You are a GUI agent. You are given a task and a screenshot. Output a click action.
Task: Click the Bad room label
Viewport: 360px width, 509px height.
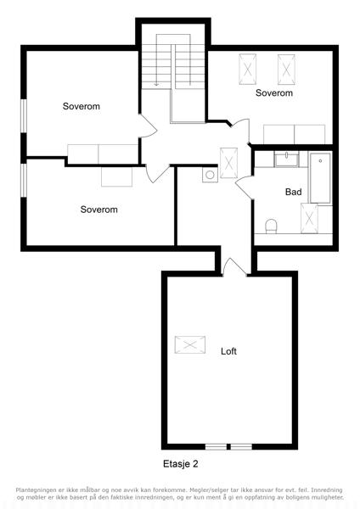293,192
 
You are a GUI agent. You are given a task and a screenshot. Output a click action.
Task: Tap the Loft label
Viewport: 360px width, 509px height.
228,351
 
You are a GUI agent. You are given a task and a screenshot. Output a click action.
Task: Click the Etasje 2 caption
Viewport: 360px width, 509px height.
180,464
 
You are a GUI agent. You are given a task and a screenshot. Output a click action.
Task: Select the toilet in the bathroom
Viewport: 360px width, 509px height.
271,227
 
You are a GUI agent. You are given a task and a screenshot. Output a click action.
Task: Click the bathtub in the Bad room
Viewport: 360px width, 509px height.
320,178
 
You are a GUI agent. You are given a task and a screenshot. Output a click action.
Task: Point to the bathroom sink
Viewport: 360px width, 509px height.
286,159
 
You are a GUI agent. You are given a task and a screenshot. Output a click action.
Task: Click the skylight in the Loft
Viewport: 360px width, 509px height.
190,344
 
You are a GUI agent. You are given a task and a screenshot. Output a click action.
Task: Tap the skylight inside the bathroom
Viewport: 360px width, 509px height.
309,218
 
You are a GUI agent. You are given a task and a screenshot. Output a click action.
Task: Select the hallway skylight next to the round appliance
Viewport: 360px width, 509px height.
228,163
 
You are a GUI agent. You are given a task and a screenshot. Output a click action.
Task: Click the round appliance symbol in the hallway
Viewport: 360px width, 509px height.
210,175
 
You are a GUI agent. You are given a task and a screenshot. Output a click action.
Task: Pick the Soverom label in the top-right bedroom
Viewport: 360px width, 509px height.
274,92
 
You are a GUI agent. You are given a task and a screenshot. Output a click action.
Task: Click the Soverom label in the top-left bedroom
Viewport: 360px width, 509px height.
82,106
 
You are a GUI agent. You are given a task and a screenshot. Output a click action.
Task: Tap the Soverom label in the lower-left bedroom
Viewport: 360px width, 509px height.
98,210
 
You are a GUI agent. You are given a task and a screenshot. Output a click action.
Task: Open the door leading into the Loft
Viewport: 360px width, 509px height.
234,267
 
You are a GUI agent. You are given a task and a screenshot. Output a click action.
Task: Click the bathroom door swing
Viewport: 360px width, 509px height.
244,187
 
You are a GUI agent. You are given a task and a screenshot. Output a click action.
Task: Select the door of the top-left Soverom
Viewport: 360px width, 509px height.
149,126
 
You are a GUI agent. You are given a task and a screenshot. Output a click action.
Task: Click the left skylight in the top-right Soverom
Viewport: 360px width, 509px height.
248,70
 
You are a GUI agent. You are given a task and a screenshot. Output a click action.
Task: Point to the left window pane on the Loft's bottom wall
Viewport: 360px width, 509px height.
216,447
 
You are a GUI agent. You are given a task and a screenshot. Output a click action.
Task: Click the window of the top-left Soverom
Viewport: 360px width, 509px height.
24,115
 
